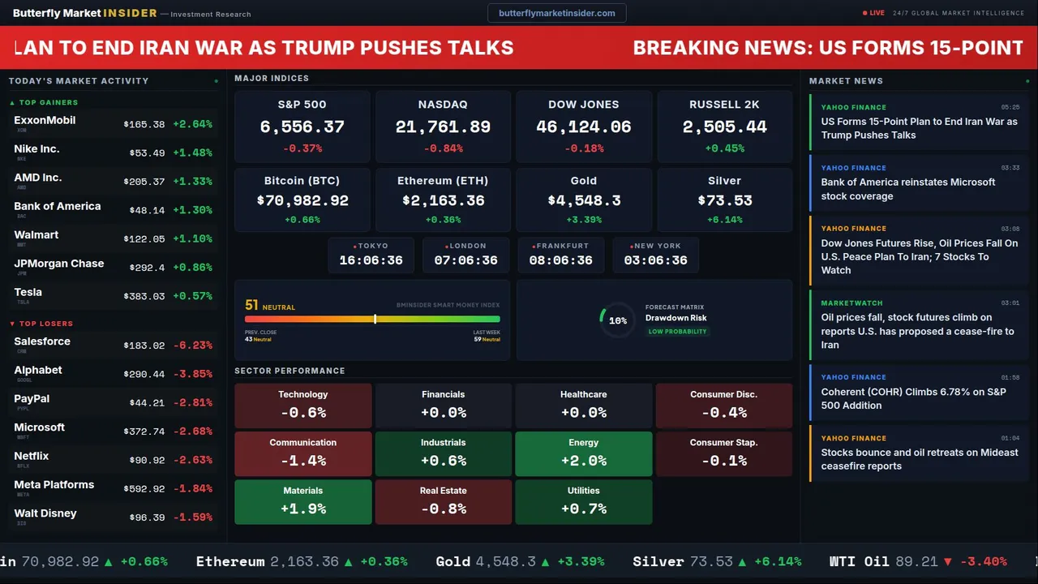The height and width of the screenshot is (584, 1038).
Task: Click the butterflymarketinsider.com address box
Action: tap(556, 13)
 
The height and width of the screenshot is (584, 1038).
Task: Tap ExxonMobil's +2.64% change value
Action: tap(192, 124)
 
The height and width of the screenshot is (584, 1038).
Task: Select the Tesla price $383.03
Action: tap(144, 296)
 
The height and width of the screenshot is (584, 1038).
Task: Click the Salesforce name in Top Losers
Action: tap(42, 341)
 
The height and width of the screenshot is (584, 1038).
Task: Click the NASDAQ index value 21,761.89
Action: tap(443, 127)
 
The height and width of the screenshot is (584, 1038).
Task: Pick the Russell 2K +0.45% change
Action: tap(724, 148)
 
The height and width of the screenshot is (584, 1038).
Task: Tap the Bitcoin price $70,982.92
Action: tap(302, 200)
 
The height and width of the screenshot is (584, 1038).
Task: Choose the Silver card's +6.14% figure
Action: tap(724, 220)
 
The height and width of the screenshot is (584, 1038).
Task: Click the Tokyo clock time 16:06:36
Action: tap(371, 260)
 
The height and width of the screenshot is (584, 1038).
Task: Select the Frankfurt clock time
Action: tap(560, 260)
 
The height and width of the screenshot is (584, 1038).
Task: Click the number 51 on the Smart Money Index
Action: tap(251, 305)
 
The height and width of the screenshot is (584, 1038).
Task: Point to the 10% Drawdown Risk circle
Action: tap(617, 320)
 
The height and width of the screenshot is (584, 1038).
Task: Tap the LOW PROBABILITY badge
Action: tap(677, 332)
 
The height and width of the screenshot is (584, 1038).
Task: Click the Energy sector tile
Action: tap(583, 453)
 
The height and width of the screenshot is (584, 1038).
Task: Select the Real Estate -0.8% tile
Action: tap(443, 502)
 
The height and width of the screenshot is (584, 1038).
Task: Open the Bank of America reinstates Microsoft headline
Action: tap(907, 189)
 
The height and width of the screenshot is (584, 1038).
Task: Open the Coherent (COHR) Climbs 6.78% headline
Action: tap(914, 398)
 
